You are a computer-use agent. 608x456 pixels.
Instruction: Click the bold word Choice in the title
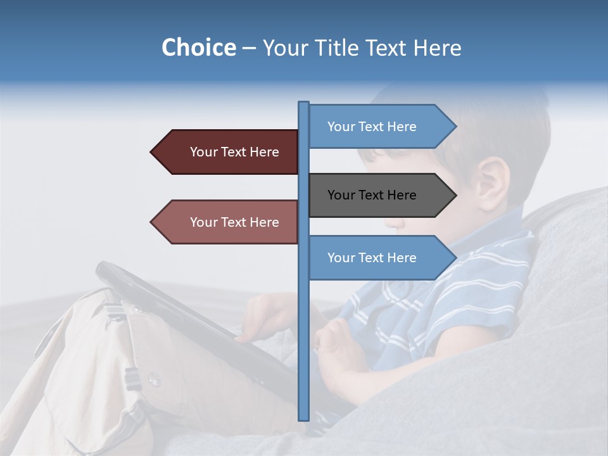198,47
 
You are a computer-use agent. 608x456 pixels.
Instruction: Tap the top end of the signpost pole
303,103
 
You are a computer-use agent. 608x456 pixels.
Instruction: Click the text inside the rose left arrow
234,222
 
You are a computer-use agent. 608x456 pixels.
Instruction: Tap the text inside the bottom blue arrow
372,258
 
